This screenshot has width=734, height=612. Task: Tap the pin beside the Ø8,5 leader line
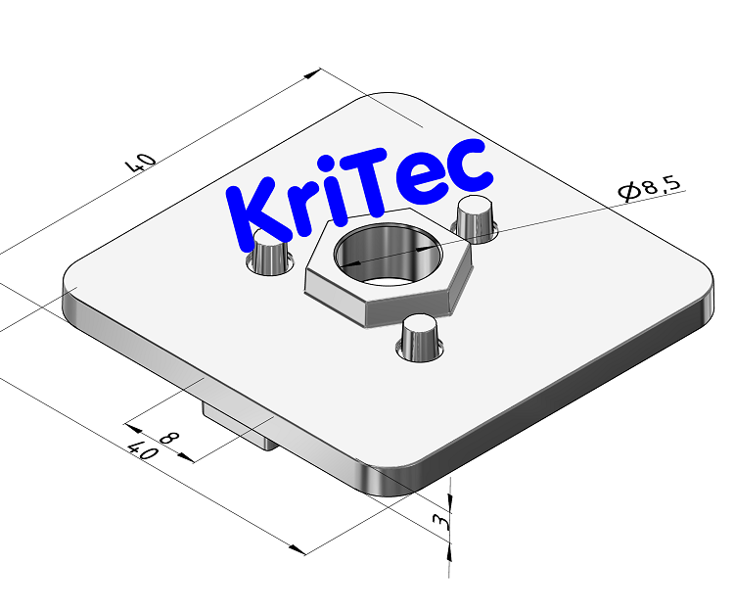click(x=477, y=216)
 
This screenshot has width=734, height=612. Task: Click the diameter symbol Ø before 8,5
click(x=627, y=192)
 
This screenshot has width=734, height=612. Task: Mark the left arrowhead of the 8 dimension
click(x=131, y=427)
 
